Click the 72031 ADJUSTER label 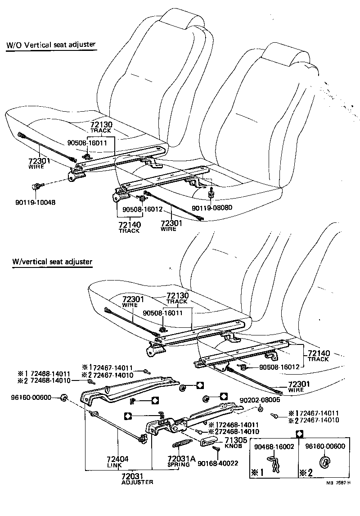coord(137,478)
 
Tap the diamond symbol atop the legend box coord(299,434)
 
